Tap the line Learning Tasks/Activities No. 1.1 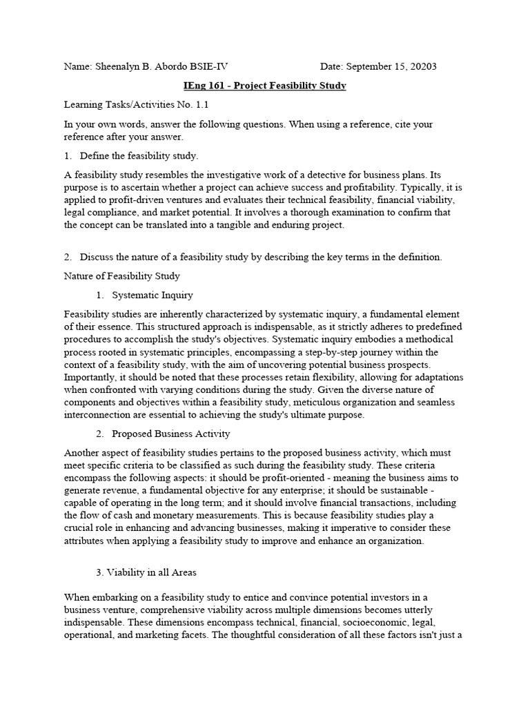click(x=136, y=105)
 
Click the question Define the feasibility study click(x=139, y=155)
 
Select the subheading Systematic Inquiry click(x=152, y=296)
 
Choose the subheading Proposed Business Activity click(x=170, y=434)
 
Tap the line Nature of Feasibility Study click(x=122, y=276)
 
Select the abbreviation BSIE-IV click(x=204, y=67)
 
